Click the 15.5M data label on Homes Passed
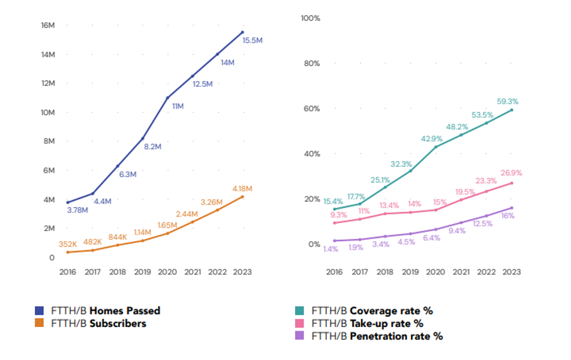pos(253,40)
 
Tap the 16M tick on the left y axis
pos(48,26)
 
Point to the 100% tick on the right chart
pos(310,19)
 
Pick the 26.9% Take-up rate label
pos(511,173)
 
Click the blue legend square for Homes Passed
pos(40,311)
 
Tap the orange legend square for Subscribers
pos(40,323)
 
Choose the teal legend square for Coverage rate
pos(300,311)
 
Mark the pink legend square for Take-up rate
pos(300,323)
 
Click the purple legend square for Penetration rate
pos(300,336)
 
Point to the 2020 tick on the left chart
pos(167,272)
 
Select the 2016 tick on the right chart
pos(334,272)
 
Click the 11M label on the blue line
pos(178,106)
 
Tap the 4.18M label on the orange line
pos(243,188)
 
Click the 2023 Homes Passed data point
pos(242,32)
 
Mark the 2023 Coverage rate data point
pos(512,110)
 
